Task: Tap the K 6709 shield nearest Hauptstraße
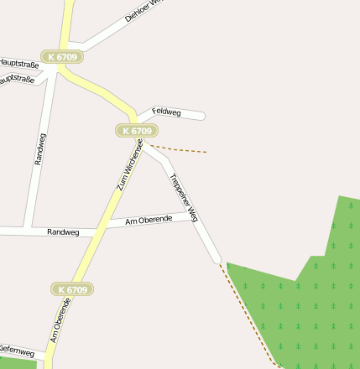63,56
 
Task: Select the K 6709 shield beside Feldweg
136,131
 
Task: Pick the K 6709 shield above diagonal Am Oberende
71,289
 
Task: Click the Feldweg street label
166,112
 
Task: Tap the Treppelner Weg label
183,197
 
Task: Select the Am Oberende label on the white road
149,220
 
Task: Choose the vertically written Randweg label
40,149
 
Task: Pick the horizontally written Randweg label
63,231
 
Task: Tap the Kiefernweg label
17,350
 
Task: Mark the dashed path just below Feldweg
180,150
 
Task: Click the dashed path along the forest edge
248,314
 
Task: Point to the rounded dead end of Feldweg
201,116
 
